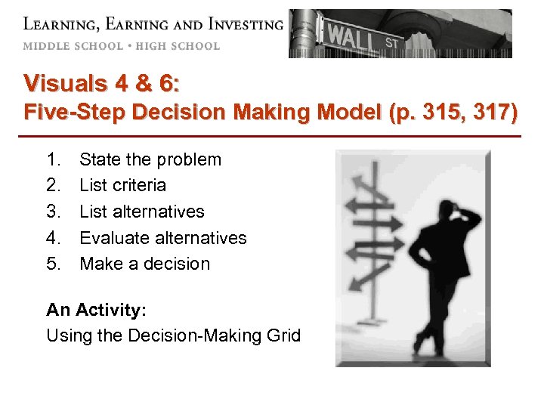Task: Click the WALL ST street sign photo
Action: (x=400, y=34)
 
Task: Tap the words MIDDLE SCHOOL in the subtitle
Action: (x=73, y=45)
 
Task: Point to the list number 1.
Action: (x=53, y=159)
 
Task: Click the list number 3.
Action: (x=53, y=212)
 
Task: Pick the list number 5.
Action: (x=53, y=264)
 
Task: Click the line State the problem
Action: (x=150, y=159)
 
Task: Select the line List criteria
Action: (x=122, y=185)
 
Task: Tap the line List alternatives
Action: (x=142, y=212)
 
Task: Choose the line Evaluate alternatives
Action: (x=163, y=238)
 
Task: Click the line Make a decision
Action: (x=145, y=264)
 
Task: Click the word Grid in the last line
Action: (x=284, y=335)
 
